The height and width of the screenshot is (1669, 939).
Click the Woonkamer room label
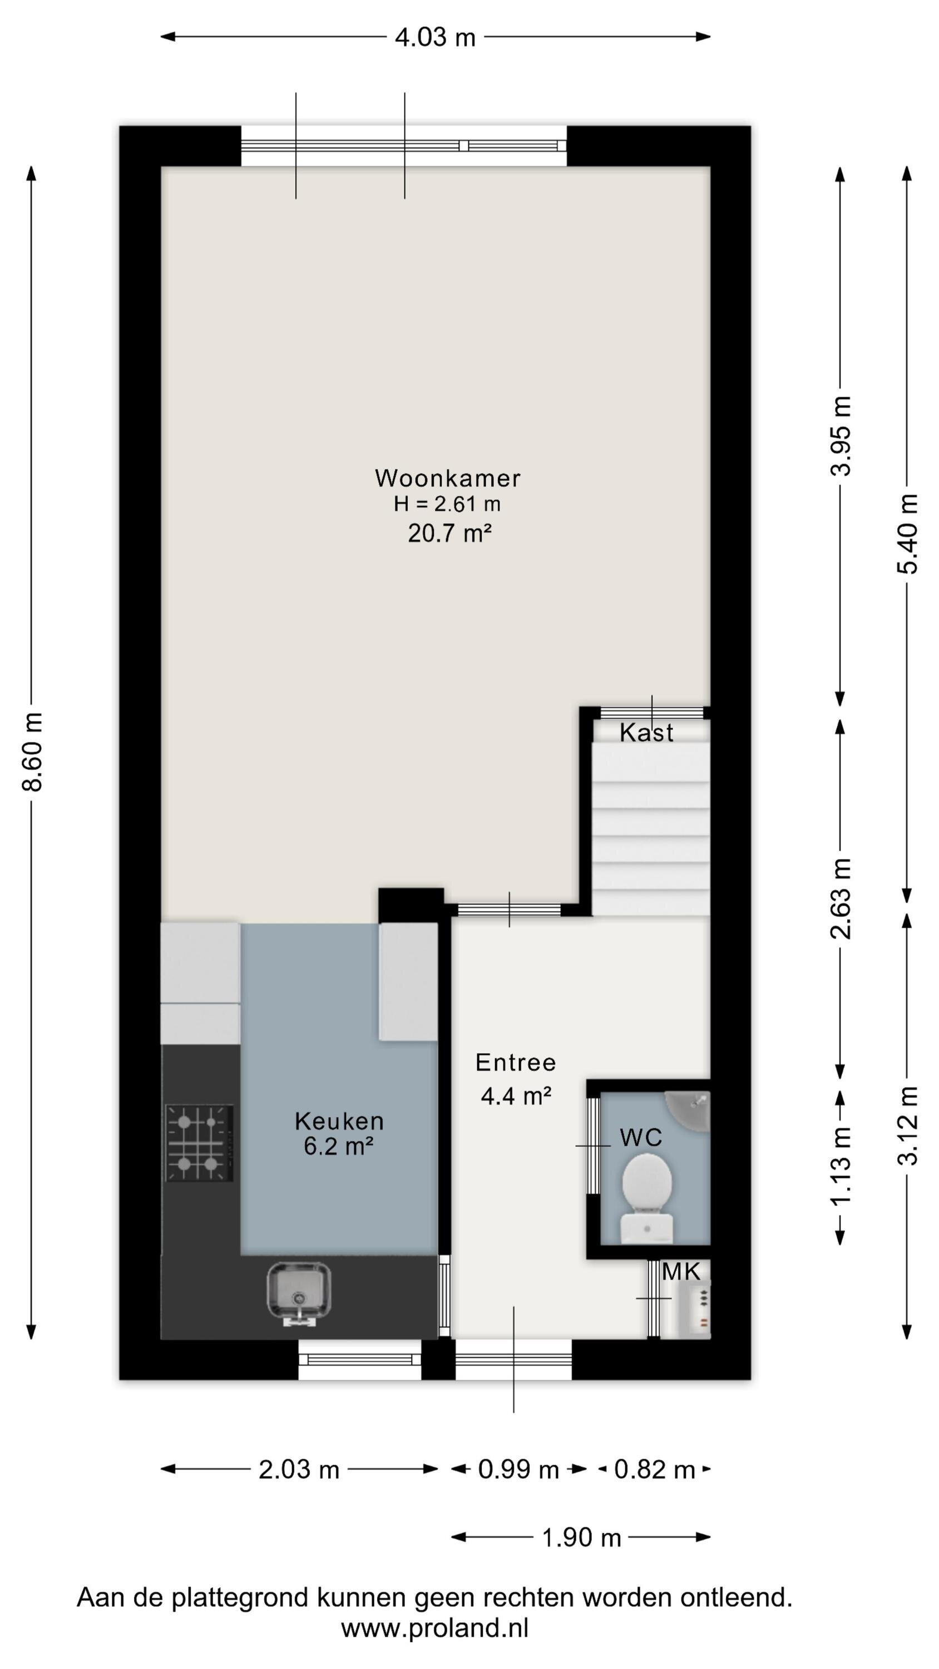coord(447,478)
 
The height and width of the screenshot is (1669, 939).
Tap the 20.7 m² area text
coord(449,533)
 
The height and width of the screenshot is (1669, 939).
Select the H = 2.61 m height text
coord(447,504)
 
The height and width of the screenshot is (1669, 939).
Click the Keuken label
coord(339,1120)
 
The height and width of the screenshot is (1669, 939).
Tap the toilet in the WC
coord(647,1199)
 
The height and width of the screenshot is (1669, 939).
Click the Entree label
coord(516,1062)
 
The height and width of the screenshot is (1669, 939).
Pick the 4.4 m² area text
coord(516,1095)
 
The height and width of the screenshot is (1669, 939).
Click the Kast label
coord(646,733)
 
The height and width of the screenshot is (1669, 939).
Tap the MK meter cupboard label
coord(681,1272)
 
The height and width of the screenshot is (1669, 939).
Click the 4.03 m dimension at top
coord(436,37)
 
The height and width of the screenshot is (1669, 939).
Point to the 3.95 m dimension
coord(841,436)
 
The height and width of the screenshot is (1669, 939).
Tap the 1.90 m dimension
coord(581,1537)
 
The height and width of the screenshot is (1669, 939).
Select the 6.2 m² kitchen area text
coord(338,1146)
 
